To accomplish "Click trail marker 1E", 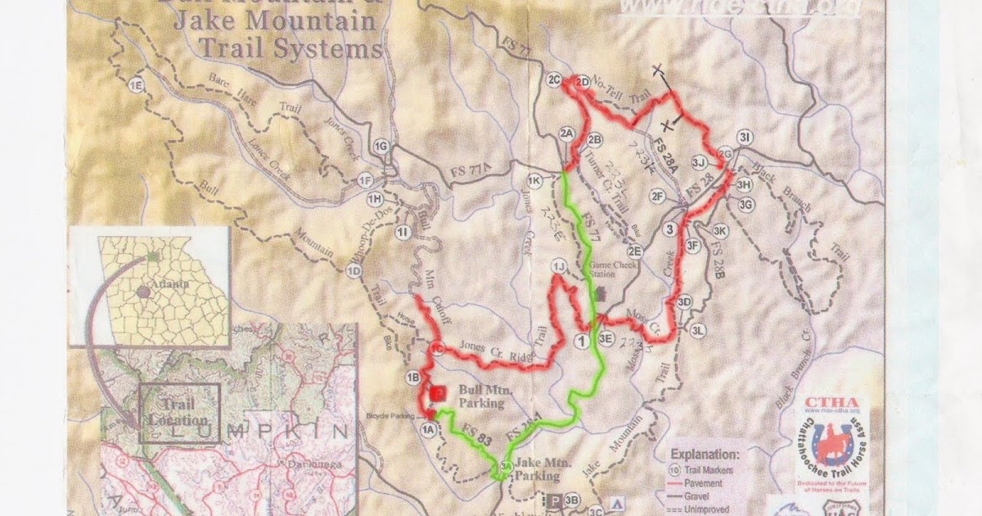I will (136, 84).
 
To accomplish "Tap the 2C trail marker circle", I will (554, 79).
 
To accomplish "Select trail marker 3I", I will (744, 137).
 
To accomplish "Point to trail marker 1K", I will (535, 180).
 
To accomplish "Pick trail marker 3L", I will (697, 330).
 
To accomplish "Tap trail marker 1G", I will (381, 147).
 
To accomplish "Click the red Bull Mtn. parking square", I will (438, 394).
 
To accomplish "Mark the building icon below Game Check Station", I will (600, 292).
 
